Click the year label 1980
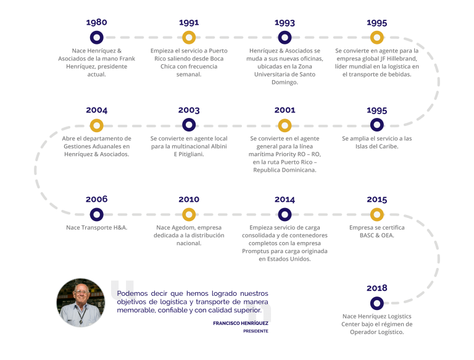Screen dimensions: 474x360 click(x=96, y=22)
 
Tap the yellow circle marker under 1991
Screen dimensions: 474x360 click(x=189, y=33)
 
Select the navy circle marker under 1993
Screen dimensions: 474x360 click(x=285, y=33)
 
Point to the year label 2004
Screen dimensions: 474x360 click(x=96, y=110)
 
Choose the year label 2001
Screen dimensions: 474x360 click(x=285, y=110)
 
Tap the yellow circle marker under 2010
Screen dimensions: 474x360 click(x=189, y=210)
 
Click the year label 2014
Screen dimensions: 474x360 click(x=285, y=199)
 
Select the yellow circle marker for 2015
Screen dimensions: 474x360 click(x=377, y=210)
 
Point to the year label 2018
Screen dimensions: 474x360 click(x=377, y=288)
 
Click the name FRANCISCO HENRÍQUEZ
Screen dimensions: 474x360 click(x=241, y=324)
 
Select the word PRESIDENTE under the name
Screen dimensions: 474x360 click(x=256, y=331)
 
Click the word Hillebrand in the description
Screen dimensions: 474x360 click(x=401, y=59)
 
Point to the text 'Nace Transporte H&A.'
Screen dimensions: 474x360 click(x=97, y=227)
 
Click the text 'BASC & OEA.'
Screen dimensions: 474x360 click(x=377, y=235)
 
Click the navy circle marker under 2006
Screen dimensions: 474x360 click(x=97, y=210)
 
